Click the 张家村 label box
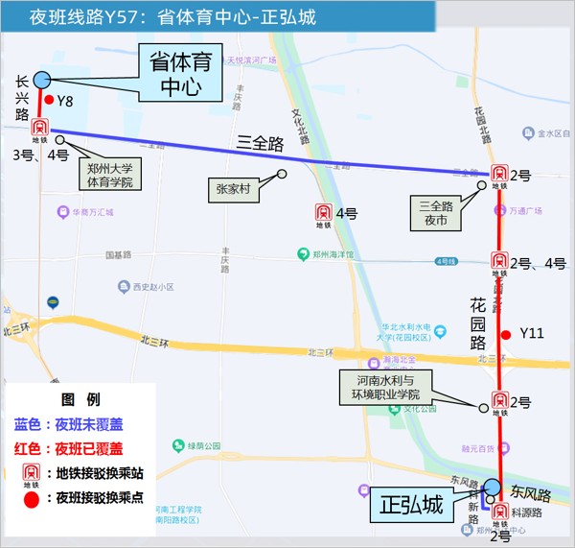[232, 190]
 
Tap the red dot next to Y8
[48, 99]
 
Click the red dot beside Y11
[506, 333]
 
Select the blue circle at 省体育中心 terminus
[41, 81]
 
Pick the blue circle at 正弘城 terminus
[492, 488]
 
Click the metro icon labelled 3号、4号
[40, 130]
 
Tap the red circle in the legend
[32, 498]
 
